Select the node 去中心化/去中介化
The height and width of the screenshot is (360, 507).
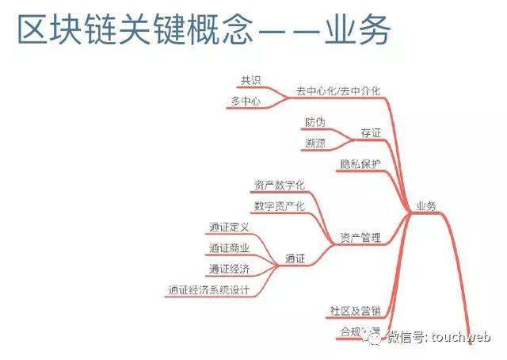pyautogui.click(x=338, y=91)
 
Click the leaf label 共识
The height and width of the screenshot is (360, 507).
pyautogui.click(x=251, y=80)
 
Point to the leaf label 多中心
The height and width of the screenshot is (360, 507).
pyautogui.click(x=246, y=101)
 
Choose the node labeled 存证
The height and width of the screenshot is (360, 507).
pyautogui.click(x=370, y=133)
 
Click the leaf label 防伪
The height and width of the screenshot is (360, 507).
pyautogui.click(x=314, y=123)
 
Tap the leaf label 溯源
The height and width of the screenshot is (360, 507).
pyautogui.click(x=314, y=144)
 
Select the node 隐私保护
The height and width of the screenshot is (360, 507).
pyautogui.click(x=360, y=164)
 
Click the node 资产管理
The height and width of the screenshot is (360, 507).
pyautogui.click(x=360, y=237)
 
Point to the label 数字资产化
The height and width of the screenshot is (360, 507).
pyautogui.click(x=280, y=205)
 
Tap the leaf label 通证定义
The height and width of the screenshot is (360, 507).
pyautogui.click(x=229, y=228)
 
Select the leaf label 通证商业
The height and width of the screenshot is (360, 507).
pyautogui.click(x=229, y=248)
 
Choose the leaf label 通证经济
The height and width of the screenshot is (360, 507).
pyautogui.click(x=229, y=269)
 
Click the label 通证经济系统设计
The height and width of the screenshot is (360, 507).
pyautogui.click(x=208, y=290)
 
